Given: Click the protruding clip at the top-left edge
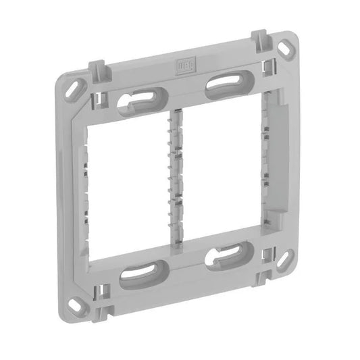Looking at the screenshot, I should [x=97, y=70].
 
